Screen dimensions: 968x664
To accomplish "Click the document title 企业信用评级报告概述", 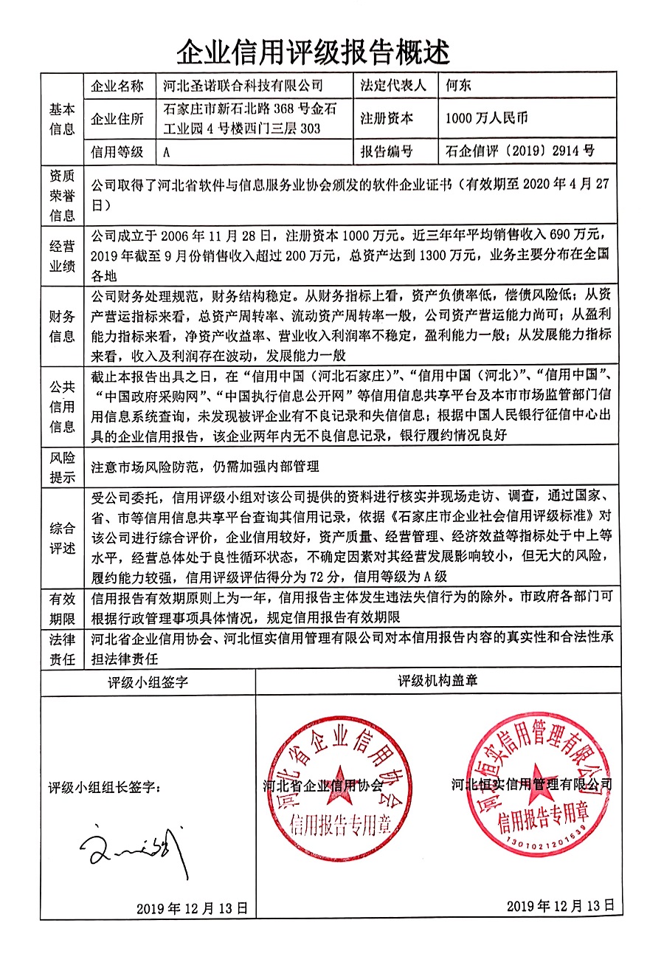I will pyautogui.click(x=313, y=52).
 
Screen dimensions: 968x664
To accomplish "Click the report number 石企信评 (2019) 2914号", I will pyautogui.click(x=520, y=152).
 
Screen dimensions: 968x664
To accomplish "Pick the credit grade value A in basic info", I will pyautogui.click(x=167, y=152).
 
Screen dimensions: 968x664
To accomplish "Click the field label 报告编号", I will pyautogui.click(x=386, y=152).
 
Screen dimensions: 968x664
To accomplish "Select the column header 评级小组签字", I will pyautogui.click(x=148, y=682).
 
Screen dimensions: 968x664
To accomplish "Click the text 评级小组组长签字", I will pyautogui.click(x=104, y=788).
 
